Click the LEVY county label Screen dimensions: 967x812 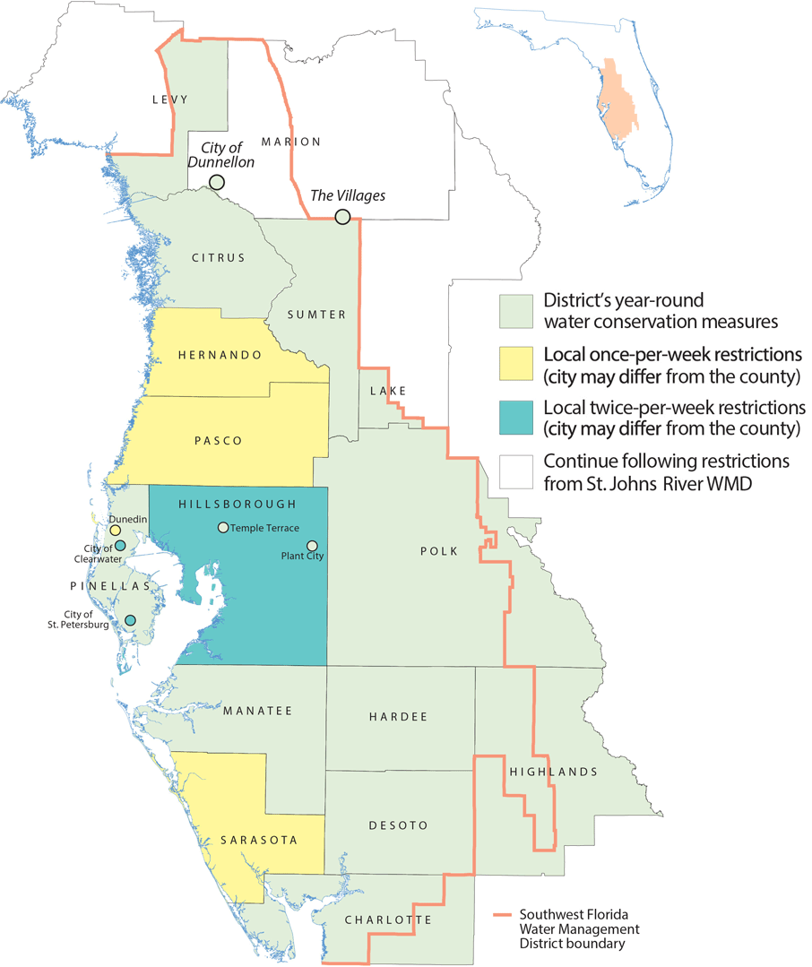[x=169, y=99]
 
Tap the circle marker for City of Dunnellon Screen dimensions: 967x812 [x=216, y=183]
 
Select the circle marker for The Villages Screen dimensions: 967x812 [x=342, y=217]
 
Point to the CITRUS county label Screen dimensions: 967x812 [x=218, y=258]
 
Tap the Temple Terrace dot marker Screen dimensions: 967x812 [x=223, y=528]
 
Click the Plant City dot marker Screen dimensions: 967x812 [x=312, y=546]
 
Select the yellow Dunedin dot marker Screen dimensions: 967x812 [x=115, y=531]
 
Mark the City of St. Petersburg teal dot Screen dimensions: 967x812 [x=130, y=620]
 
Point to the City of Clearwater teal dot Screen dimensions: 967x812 [x=120, y=546]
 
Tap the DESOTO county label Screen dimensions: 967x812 [x=398, y=825]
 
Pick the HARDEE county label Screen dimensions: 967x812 [x=398, y=717]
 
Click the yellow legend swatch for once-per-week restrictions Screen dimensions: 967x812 [x=516, y=363]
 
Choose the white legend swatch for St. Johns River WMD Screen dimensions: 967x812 [x=516, y=472]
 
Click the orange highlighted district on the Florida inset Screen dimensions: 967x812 [x=614, y=99]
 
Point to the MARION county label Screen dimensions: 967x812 [x=290, y=142]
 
